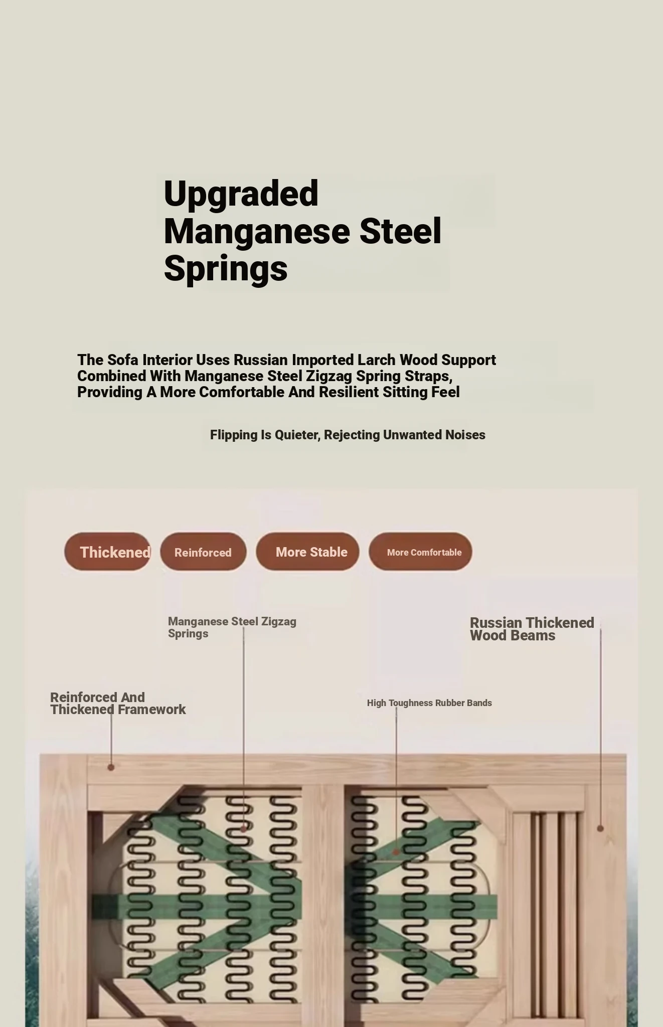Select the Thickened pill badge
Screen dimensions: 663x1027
107,552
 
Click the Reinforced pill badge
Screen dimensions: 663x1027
203,552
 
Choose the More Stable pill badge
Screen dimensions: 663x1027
307,552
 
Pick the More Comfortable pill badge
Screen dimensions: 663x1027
420,552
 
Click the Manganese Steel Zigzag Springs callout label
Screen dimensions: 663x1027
232,627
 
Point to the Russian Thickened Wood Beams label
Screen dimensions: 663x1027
532,629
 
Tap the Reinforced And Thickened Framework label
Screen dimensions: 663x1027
118,703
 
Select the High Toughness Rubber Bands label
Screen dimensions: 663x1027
429,703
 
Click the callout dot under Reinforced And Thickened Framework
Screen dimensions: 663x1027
111,767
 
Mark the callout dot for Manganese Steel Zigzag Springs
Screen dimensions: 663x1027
244,829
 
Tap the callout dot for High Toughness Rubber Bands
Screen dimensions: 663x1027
396,851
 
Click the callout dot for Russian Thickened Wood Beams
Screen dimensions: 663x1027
600,828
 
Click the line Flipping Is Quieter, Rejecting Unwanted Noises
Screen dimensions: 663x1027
348,435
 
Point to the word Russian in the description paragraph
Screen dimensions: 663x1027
261,360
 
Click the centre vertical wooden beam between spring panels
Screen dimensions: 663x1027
323,903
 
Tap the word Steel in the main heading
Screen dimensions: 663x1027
400,232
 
